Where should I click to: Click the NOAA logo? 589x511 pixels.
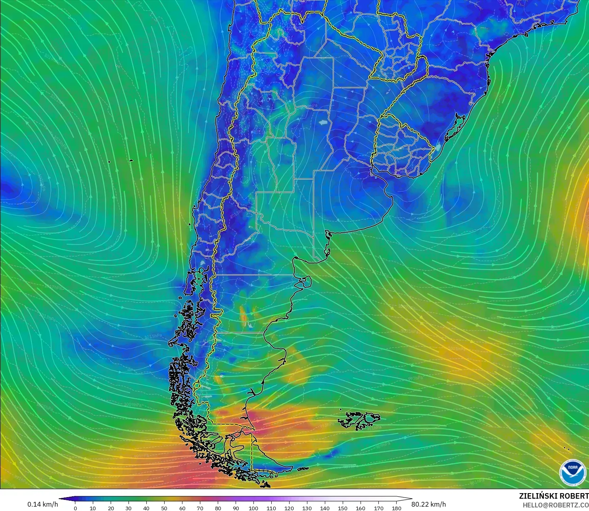pos(572,472)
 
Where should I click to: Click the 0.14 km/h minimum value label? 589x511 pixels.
pos(42,504)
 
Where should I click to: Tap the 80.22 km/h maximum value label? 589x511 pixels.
pos(428,504)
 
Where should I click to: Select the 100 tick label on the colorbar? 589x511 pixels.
pos(253,508)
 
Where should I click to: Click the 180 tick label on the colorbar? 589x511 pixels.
pos(396,508)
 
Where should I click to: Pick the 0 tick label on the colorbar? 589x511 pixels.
pos(75,508)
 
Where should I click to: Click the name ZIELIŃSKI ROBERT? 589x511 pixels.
pos(554,496)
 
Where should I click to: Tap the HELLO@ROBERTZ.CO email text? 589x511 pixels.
pos(555,505)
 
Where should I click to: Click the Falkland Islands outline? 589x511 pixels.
pos(359,420)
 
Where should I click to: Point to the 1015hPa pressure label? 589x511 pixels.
pos(153,336)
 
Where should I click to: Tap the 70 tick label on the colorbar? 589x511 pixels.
pos(200,508)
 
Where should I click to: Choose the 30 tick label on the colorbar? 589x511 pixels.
pos(129,508)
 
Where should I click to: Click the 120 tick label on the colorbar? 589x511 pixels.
pos(289,508)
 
